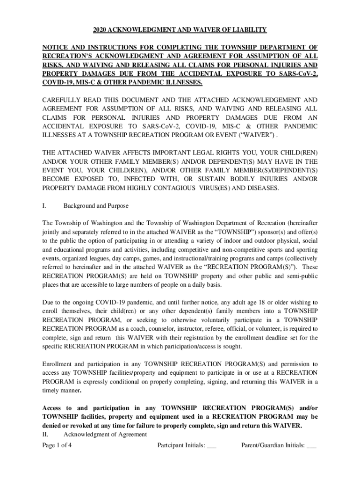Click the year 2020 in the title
pyautogui.click(x=100, y=30)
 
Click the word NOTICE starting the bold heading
pyautogui.click(x=55, y=47)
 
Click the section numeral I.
pyautogui.click(x=43, y=206)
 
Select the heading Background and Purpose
pyautogui.click(x=96, y=206)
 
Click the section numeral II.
pyautogui.click(x=45, y=435)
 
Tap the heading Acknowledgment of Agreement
pyautogui.click(x=105, y=435)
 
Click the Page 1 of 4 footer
pyautogui.click(x=57, y=446)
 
